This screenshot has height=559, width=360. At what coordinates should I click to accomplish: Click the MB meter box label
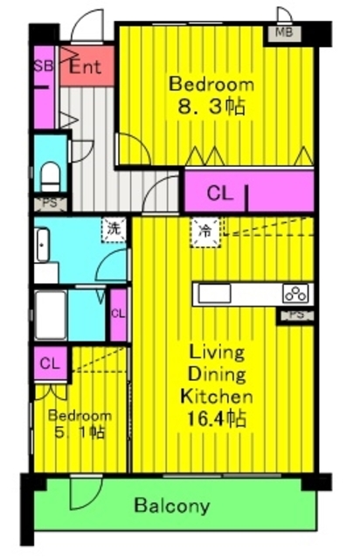click(284, 33)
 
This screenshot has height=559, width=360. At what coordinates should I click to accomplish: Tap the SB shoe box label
click(44, 66)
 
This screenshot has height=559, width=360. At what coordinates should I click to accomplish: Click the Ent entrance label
click(86, 66)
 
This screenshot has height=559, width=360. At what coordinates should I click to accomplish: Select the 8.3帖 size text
click(211, 107)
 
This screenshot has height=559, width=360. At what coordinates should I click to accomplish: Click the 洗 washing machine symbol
click(114, 229)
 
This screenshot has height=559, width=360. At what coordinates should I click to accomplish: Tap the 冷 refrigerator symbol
click(205, 232)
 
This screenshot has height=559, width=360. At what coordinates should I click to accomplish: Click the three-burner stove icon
click(295, 293)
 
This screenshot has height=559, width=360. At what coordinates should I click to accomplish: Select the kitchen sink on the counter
click(214, 294)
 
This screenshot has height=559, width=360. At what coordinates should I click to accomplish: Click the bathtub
click(51, 315)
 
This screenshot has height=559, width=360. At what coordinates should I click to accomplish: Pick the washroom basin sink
click(42, 245)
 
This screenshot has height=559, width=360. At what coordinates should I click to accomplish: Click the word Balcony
click(172, 506)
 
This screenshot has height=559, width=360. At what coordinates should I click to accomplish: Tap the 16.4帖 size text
click(217, 418)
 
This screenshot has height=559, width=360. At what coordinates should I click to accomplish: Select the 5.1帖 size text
click(80, 432)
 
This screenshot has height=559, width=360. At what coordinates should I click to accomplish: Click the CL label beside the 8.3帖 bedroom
click(220, 194)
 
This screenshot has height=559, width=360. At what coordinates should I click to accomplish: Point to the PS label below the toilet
click(50, 203)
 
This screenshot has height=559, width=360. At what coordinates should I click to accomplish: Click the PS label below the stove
click(296, 315)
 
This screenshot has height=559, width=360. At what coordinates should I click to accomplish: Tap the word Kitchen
click(217, 396)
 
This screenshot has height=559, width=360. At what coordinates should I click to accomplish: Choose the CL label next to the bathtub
click(118, 314)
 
